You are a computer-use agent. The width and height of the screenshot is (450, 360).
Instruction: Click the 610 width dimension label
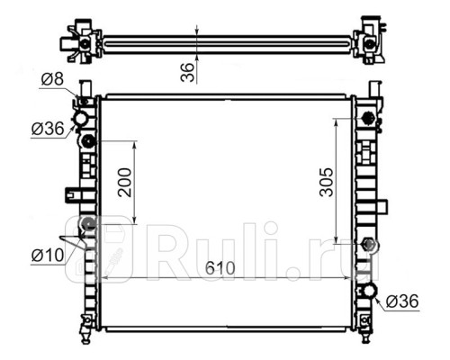pos(220,268)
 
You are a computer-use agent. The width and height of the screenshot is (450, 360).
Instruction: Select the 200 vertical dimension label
pos(125,183)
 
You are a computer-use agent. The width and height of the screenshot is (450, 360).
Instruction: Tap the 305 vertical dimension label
pos(327,182)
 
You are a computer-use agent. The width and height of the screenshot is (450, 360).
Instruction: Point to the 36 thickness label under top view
pos(188,72)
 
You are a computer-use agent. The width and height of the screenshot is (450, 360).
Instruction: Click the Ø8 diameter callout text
pos(52,79)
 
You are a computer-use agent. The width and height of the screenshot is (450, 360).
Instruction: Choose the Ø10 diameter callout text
pos(48,256)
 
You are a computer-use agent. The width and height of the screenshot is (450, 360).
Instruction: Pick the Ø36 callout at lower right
pos(402,301)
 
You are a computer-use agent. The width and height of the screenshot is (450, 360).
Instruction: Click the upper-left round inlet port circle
pos(81,119)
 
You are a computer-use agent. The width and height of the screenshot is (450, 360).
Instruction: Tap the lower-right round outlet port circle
pos(370,291)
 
